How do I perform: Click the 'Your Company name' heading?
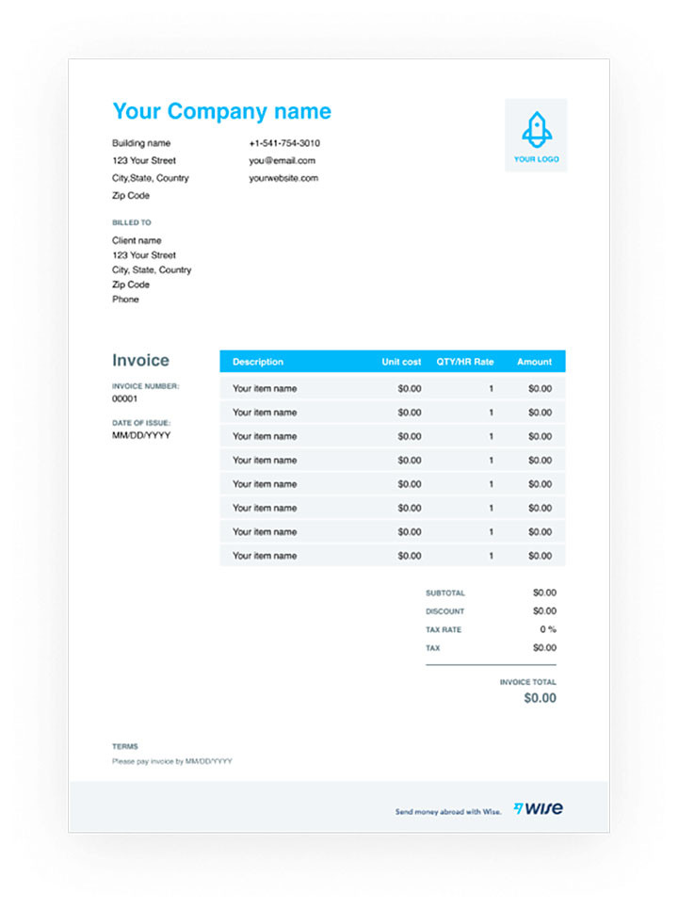pos(221,111)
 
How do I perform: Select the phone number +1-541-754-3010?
pos(284,143)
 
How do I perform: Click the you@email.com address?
pos(282,161)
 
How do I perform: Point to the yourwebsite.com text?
pos(283,178)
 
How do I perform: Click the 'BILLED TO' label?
pos(131,223)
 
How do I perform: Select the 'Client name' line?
pos(137,240)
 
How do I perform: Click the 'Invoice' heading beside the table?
pos(140,360)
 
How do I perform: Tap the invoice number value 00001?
pos(125,398)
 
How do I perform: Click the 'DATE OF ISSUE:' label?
pos(141,423)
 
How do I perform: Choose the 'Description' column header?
pos(257,362)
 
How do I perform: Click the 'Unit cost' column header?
pos(401,362)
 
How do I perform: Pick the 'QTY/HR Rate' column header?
pos(464,362)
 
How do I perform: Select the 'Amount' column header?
pos(534,362)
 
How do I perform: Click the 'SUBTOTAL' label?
pos(444,593)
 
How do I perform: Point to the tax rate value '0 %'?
pos(547,629)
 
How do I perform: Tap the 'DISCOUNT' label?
pos(444,611)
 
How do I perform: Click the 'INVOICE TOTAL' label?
pos(527,682)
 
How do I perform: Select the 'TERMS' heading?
pos(124,746)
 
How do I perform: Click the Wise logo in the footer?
pos(539,808)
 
